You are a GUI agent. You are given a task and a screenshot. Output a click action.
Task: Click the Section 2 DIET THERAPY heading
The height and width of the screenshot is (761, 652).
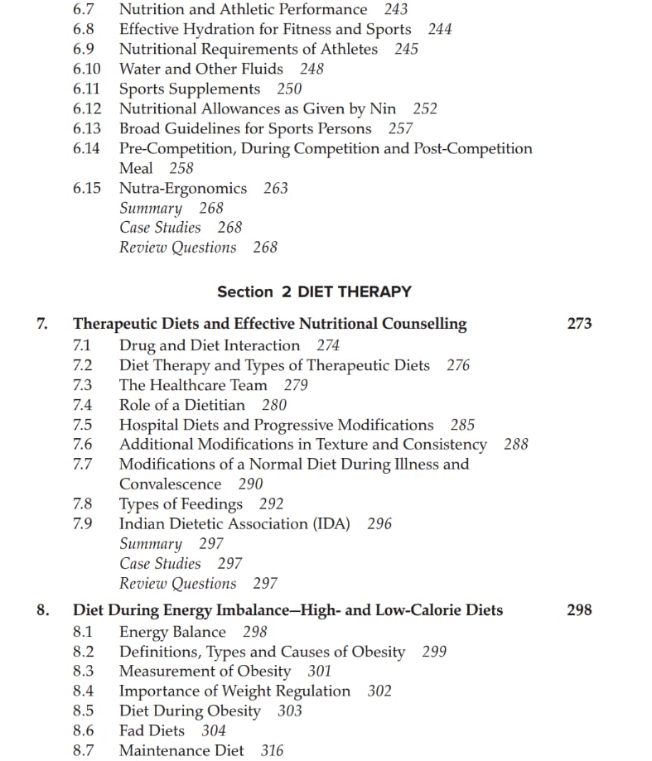point(314,291)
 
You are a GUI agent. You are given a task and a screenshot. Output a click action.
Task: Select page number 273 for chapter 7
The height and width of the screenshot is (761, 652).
point(579,324)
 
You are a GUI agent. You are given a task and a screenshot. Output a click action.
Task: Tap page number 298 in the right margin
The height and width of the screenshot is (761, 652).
point(579,609)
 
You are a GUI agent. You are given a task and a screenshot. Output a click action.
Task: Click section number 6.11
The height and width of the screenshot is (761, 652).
point(86,89)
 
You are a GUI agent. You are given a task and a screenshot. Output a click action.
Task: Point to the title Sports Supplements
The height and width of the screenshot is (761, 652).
point(190,89)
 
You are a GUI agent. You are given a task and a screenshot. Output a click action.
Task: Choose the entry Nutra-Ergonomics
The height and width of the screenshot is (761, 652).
point(183,188)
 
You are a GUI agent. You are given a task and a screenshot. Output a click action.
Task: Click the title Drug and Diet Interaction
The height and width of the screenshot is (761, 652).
point(210,345)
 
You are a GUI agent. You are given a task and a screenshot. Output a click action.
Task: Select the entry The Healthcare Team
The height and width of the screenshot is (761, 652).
point(193,385)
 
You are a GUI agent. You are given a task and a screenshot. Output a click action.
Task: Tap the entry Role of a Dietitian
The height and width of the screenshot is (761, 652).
point(182,405)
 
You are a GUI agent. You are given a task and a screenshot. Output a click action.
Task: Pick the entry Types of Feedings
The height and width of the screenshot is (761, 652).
point(181,503)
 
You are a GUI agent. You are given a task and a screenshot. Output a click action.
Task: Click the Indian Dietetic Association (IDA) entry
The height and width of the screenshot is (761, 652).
point(234,523)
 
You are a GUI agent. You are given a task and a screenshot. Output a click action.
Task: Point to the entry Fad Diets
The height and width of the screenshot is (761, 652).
point(152,730)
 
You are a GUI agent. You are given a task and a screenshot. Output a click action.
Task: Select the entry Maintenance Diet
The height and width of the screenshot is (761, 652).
point(181,750)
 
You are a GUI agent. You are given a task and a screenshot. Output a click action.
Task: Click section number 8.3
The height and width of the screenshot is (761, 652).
point(83,671)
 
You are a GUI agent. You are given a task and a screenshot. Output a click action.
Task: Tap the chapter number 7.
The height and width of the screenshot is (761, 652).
point(42,324)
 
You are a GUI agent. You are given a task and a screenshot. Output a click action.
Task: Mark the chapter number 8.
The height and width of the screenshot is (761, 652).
point(42,609)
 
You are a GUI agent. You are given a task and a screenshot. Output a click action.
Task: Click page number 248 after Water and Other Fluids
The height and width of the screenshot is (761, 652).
point(312,69)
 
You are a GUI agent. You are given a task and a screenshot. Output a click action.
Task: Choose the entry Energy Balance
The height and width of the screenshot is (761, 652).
point(172,632)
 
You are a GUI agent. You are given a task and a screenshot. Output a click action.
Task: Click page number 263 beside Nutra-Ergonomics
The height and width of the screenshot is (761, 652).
point(276,188)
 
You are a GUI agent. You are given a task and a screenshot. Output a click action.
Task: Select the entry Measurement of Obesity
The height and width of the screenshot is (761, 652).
point(205,671)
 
